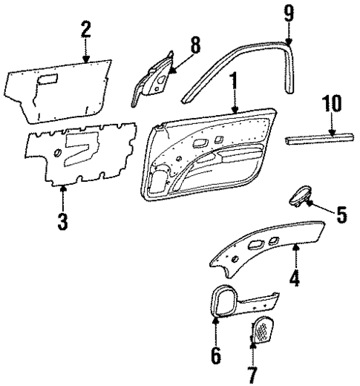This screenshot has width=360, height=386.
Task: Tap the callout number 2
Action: [86, 29]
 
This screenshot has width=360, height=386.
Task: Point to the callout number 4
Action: [295, 280]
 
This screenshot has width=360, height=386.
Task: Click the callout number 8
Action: [195, 45]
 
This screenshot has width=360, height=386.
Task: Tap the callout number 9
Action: [288, 13]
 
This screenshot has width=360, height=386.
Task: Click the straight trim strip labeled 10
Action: [321, 140]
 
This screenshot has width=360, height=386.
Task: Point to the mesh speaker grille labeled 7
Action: [261, 328]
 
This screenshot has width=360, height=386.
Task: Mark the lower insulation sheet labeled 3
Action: [82, 152]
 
